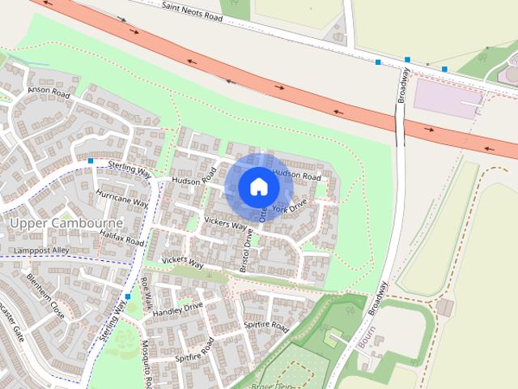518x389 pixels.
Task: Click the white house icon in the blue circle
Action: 258,186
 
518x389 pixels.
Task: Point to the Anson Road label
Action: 49,91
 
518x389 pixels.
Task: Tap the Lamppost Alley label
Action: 42,251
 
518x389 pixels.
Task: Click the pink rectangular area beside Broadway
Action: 447,99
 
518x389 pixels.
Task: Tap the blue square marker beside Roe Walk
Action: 128,297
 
